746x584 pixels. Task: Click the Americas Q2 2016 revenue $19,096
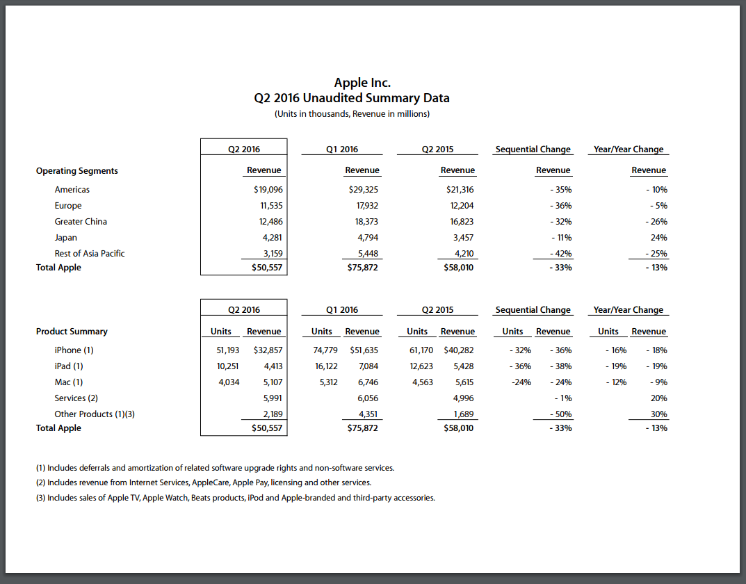pyautogui.click(x=268, y=190)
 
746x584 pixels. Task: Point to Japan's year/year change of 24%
pyautogui.click(x=658, y=238)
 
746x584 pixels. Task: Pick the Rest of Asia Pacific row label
pyautogui.click(x=90, y=254)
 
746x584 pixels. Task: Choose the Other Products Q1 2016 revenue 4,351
pyautogui.click(x=366, y=414)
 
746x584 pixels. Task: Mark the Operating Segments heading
pyautogui.click(x=77, y=171)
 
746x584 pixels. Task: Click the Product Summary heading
pyautogui.click(x=72, y=332)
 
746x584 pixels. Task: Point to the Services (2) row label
pyautogui.click(x=76, y=398)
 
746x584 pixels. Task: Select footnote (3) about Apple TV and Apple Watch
pyautogui.click(x=235, y=498)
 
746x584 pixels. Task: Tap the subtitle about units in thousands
pyautogui.click(x=352, y=114)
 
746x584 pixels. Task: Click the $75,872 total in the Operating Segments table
pyautogui.click(x=363, y=268)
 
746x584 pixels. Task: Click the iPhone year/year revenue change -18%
pyautogui.click(x=656, y=350)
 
